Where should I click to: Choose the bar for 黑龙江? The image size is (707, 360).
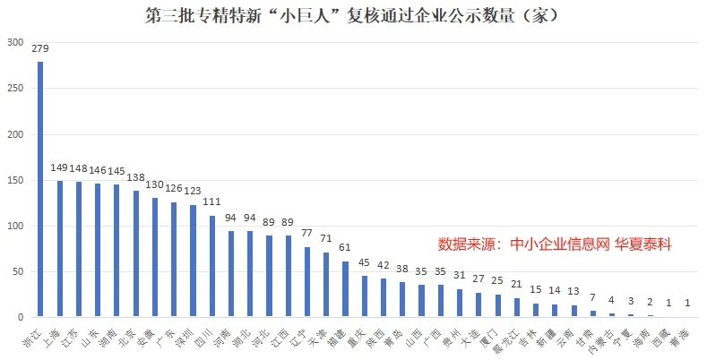517,307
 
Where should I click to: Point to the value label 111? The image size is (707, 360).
212,203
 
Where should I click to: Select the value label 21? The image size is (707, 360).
517,285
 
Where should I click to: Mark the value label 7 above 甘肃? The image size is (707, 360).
593,297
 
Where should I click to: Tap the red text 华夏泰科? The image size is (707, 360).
642,244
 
